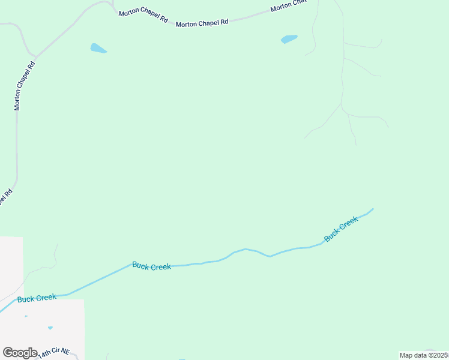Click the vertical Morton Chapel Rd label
25,85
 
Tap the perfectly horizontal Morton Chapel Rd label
202,23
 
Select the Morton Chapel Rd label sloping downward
143,16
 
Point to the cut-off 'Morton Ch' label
289,6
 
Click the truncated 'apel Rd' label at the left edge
5,197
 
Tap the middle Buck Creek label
151,266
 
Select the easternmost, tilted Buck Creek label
340,229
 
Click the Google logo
20,353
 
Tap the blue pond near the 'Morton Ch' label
289,40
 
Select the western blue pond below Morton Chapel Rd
98,48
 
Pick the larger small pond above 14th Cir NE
50,328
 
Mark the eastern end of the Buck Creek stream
373,209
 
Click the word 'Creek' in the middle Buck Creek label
161,267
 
